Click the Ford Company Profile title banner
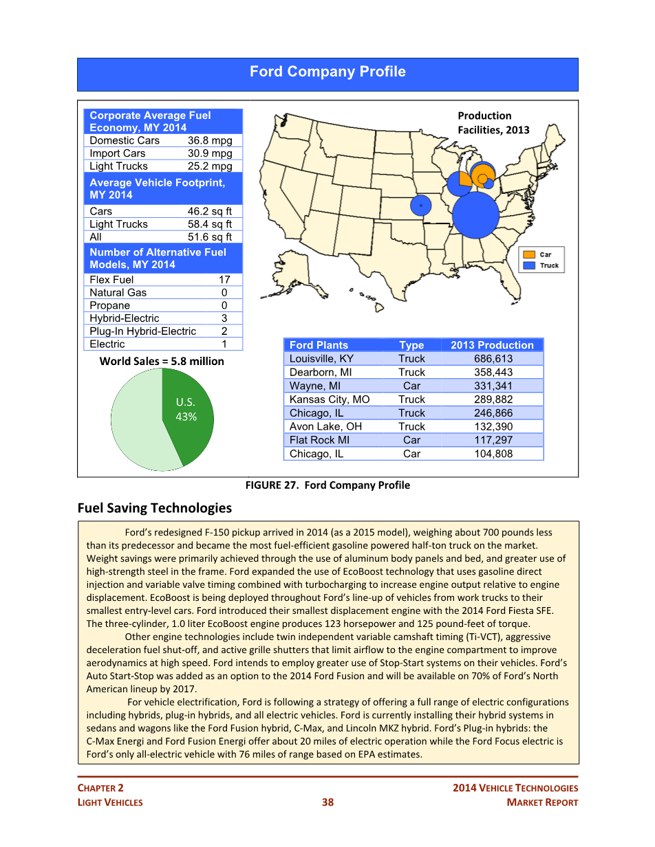click(327, 72)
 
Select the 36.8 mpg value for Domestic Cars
click(209, 140)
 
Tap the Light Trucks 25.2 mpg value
click(209, 166)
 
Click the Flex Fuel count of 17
click(224, 280)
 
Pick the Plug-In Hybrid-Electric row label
click(142, 331)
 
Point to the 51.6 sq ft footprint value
click(209, 237)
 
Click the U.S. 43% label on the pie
click(186, 410)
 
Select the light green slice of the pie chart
click(138, 426)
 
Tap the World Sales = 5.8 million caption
click(162, 361)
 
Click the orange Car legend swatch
click(529, 254)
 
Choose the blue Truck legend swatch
click(529, 265)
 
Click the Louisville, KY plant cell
click(321, 359)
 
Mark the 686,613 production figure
click(493, 359)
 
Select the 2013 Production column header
click(492, 345)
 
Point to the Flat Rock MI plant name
click(319, 440)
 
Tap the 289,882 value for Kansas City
click(493, 399)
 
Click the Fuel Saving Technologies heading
click(154, 508)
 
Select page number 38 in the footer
click(327, 802)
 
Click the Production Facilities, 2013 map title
click(493, 123)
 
